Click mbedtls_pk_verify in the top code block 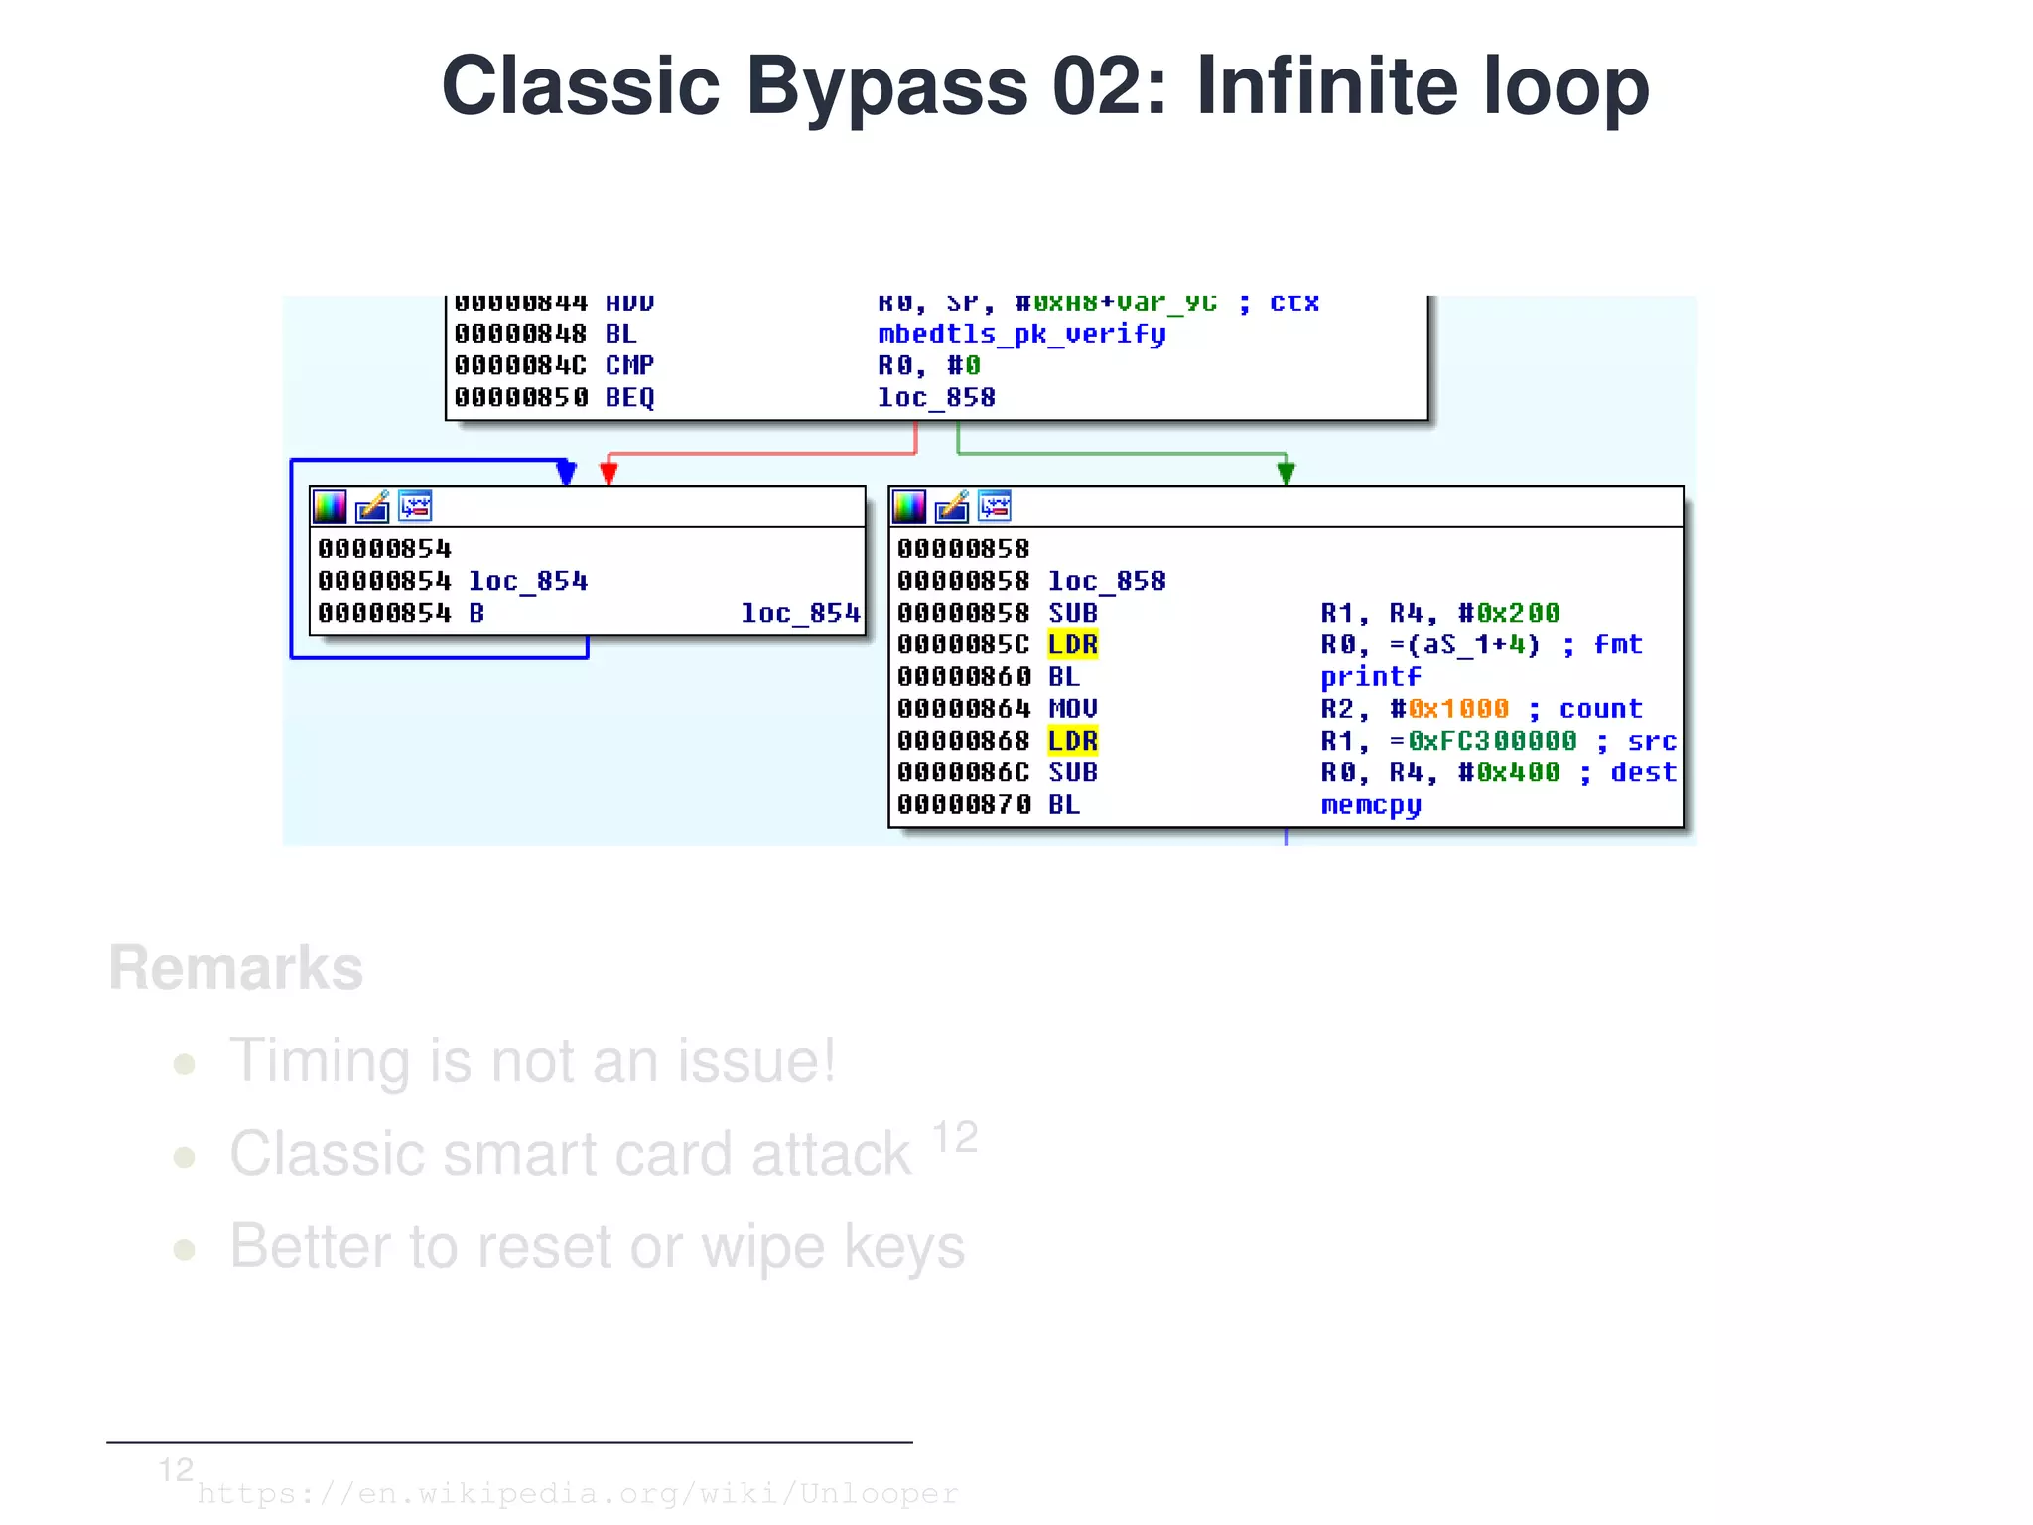[1021, 334]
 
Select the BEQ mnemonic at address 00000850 [629, 398]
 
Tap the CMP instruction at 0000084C [629, 365]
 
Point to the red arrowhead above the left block [609, 474]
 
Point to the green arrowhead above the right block [1286, 474]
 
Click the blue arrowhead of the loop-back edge [566, 473]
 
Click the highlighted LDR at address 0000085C [1072, 645]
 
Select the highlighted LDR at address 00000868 [1072, 741]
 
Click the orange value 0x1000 [1457, 709]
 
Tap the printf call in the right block [1370, 677]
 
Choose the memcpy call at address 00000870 [1370, 805]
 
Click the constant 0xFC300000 [1491, 741]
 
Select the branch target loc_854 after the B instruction [800, 613]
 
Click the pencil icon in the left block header [372, 507]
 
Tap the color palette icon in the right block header [908, 507]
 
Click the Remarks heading [236, 968]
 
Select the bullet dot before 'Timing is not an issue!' [184, 1064]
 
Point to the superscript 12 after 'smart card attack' [955, 1138]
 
